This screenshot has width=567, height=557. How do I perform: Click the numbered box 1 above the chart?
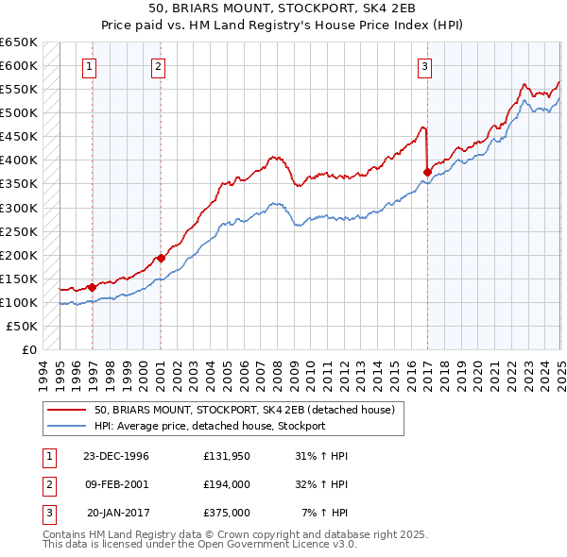point(89,66)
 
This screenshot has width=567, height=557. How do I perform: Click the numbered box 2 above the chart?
point(157,66)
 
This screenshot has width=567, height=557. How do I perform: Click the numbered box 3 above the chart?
point(425,66)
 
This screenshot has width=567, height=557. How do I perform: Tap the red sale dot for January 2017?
point(427,172)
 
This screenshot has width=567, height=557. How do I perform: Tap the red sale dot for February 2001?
point(161,258)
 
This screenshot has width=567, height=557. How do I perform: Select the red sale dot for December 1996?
point(93,287)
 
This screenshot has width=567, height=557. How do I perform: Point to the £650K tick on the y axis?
point(19,42)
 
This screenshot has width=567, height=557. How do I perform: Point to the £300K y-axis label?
point(19,208)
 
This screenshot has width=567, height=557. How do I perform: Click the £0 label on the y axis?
point(28,349)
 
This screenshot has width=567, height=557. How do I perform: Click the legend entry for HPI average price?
point(210,426)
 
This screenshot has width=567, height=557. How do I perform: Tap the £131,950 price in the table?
point(226,455)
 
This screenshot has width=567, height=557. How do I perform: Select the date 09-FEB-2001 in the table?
point(117,484)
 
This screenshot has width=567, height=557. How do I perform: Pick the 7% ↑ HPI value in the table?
point(324,513)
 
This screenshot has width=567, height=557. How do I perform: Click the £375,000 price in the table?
point(226,513)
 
